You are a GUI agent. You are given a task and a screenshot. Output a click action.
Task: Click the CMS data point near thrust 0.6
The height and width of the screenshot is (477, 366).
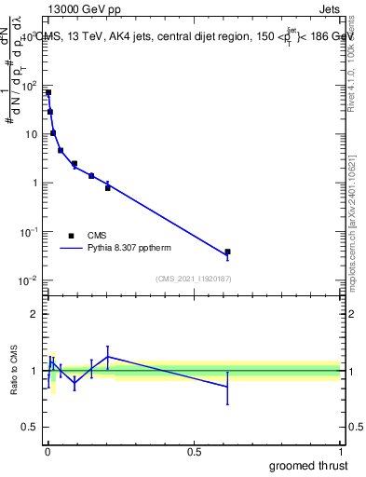[227, 252]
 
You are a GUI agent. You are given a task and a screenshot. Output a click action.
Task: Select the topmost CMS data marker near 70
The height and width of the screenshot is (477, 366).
[48, 93]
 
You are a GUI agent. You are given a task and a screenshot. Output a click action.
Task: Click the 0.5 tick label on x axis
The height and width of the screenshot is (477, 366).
[194, 451]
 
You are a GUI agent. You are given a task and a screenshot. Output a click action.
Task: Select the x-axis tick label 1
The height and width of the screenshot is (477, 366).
[341, 451]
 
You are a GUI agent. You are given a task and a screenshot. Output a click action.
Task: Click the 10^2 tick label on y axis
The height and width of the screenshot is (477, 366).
[30, 86]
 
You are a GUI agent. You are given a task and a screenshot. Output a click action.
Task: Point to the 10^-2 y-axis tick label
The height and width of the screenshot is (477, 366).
[30, 280]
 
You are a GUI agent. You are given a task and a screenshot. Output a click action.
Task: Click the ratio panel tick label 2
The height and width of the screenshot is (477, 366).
[35, 314]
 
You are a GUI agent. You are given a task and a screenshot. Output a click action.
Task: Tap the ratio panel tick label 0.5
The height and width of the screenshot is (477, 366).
[32, 428]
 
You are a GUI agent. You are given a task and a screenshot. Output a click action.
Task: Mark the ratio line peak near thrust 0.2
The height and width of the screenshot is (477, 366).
[108, 357]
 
